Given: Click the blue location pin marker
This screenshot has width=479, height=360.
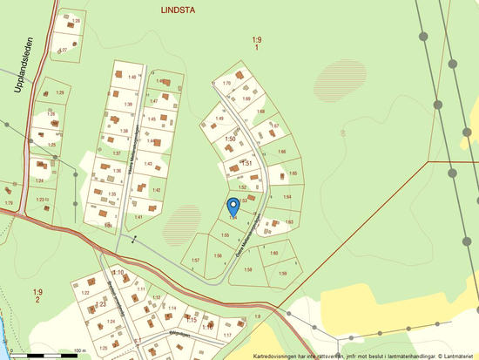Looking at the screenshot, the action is pos(233,206).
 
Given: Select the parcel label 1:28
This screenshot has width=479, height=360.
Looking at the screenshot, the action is pos(76,19).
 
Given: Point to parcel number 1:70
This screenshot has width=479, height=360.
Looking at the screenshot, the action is pos(226,83).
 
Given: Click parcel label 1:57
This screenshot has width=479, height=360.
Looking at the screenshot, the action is pos(196,261).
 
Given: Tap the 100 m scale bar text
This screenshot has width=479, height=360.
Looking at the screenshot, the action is pos(80,350).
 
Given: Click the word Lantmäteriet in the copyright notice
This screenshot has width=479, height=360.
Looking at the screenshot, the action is pos(457,356).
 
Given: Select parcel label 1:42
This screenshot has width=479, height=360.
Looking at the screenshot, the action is pos(156,190).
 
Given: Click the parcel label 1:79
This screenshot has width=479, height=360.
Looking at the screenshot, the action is pos(9,203).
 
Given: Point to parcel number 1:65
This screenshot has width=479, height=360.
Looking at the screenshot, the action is pos(293,173).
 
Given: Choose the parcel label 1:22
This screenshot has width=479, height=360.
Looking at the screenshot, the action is pos(85,293).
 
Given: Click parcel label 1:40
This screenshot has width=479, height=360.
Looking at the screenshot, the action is pos(132,78).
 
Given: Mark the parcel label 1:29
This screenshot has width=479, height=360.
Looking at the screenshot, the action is pos(61,92).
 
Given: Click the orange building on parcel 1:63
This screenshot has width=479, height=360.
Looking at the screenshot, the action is pos(273,223).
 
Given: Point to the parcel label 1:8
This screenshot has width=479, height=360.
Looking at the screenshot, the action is pos(258,316).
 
